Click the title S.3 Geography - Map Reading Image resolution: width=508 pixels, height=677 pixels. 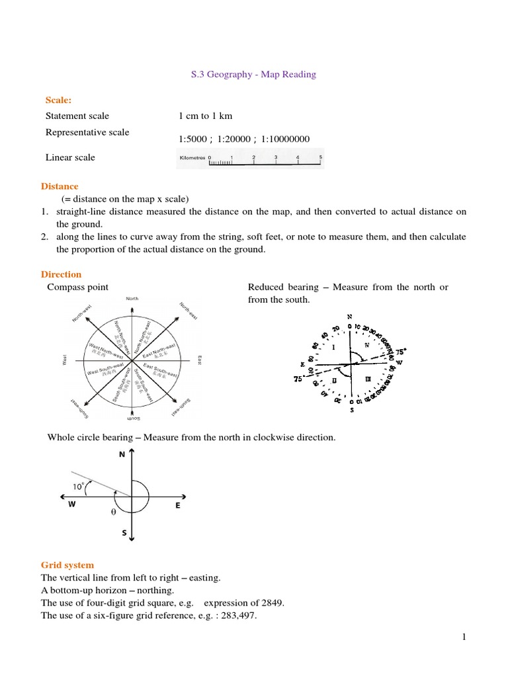click(253, 75)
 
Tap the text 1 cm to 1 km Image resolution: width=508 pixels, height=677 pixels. click(205, 116)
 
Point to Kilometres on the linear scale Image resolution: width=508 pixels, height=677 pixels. click(192, 158)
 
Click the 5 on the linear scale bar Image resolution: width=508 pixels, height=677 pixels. click(321, 157)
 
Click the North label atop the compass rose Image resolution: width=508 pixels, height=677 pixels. click(132, 299)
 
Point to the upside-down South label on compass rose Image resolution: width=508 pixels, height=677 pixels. click(133, 419)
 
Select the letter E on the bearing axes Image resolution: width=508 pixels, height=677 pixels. click(178, 505)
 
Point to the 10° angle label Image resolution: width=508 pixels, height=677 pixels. click(79, 486)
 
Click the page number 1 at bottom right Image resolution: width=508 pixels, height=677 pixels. click(464, 637)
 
